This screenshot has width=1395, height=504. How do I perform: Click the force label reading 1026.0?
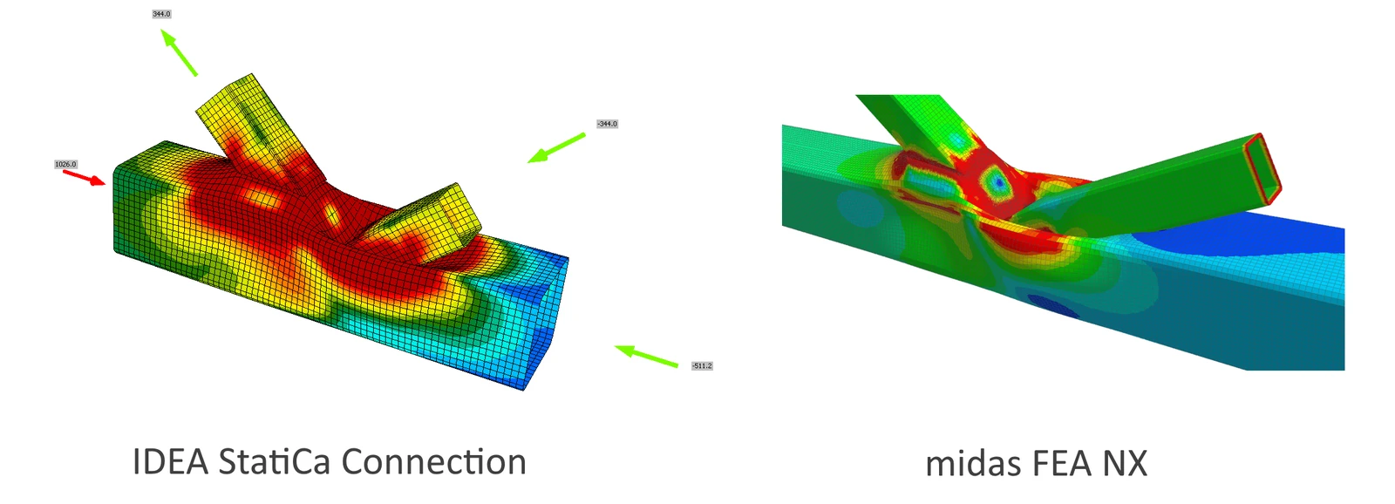click(x=65, y=165)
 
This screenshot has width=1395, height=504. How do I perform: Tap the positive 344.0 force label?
click(x=161, y=14)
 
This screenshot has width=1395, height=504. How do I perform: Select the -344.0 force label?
click(x=607, y=124)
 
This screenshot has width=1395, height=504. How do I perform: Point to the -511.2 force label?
click(x=702, y=365)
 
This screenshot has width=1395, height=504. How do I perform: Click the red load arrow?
click(x=85, y=178)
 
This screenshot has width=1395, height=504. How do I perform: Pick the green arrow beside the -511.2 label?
click(x=646, y=356)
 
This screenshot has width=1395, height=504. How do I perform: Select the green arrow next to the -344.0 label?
click(x=556, y=148)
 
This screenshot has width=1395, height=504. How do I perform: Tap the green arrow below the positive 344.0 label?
click(x=180, y=53)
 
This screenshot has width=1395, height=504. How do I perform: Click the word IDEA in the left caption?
click(x=170, y=461)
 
